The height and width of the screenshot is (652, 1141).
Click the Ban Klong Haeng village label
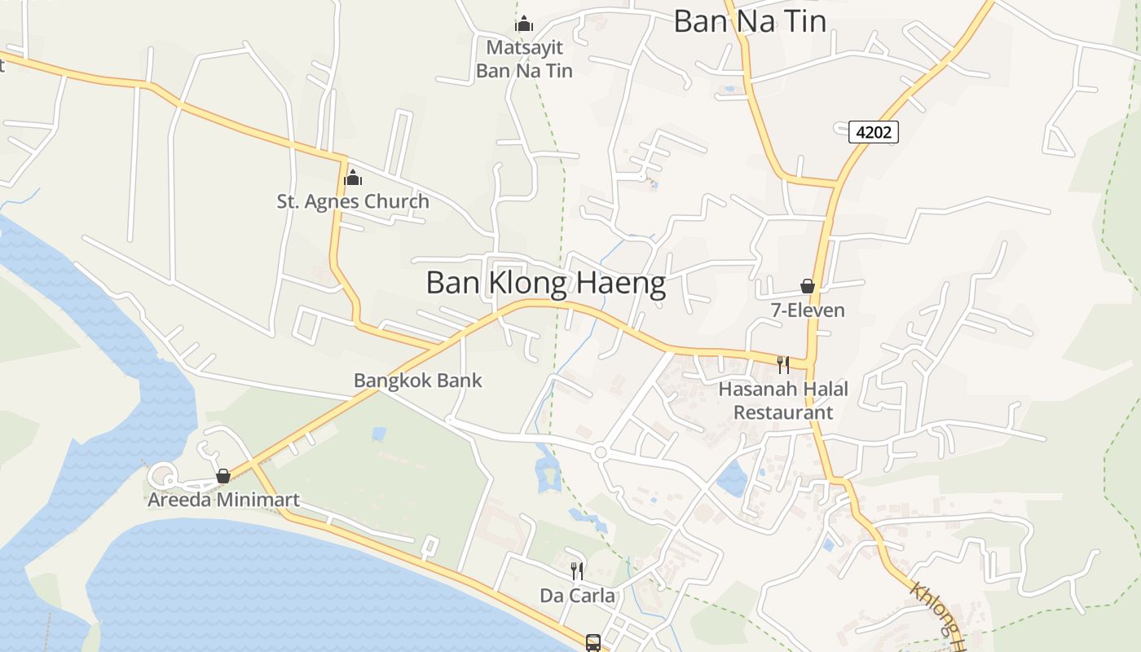click(x=545, y=283)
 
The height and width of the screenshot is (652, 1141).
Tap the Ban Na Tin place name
click(x=750, y=21)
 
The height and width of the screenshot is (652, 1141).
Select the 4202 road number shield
click(x=873, y=131)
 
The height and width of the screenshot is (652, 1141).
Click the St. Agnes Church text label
click(x=353, y=201)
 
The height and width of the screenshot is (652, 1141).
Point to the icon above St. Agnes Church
click(x=353, y=177)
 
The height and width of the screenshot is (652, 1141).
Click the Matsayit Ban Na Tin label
click(x=524, y=59)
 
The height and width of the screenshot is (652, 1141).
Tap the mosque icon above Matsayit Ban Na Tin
click(x=524, y=24)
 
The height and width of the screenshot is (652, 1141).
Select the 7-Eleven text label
click(x=808, y=311)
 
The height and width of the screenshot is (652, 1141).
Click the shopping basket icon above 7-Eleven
click(x=808, y=286)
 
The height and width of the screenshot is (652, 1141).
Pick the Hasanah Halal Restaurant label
click(x=783, y=400)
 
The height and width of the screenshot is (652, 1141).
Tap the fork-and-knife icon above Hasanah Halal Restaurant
click(x=783, y=364)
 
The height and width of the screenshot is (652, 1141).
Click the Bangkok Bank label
click(x=417, y=381)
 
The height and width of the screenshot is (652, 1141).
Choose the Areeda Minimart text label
click(x=223, y=500)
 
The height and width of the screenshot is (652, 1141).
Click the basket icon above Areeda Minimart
click(x=223, y=476)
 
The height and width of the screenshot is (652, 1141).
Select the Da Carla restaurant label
click(x=577, y=596)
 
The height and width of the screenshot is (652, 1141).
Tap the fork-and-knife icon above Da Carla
click(x=577, y=570)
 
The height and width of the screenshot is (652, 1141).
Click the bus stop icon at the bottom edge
click(x=593, y=642)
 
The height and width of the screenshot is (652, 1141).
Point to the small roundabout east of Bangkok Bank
click(x=601, y=452)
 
